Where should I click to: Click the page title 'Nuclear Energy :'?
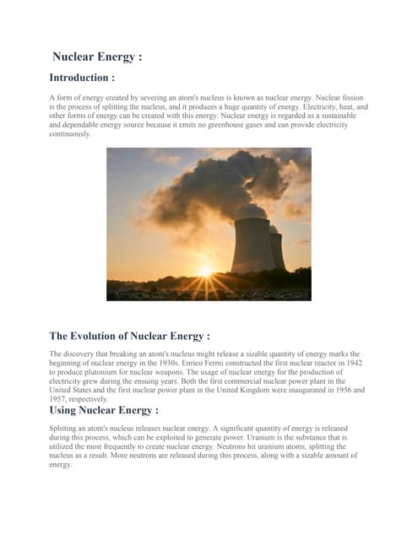click(x=97, y=57)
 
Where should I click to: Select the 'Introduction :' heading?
click(x=82, y=78)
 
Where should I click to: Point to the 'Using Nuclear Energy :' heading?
click(x=103, y=410)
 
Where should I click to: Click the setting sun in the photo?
click(x=205, y=270)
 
